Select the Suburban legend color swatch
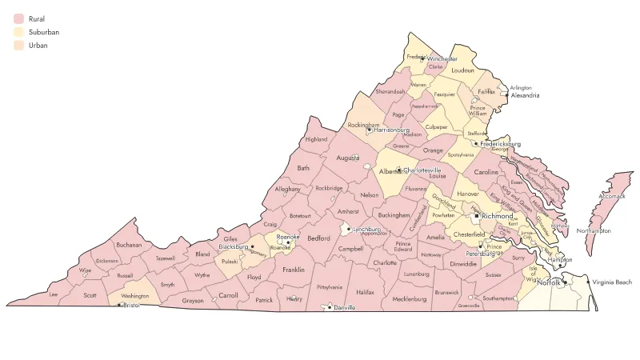pyautogui.click(x=18, y=32)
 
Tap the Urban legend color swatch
pyautogui.click(x=18, y=46)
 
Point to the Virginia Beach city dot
pyautogui.click(x=589, y=282)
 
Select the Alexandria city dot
pyautogui.click(x=506, y=94)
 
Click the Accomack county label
pyautogui.click(x=612, y=196)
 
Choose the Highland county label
pyautogui.click(x=316, y=139)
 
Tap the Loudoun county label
pyautogui.click(x=462, y=70)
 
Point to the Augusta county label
pyautogui.click(x=348, y=158)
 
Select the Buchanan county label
pyautogui.click(x=128, y=245)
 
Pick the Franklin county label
pyautogui.click(x=293, y=270)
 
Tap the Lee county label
pyautogui.click(x=54, y=294)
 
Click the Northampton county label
pyautogui.click(x=593, y=230)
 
